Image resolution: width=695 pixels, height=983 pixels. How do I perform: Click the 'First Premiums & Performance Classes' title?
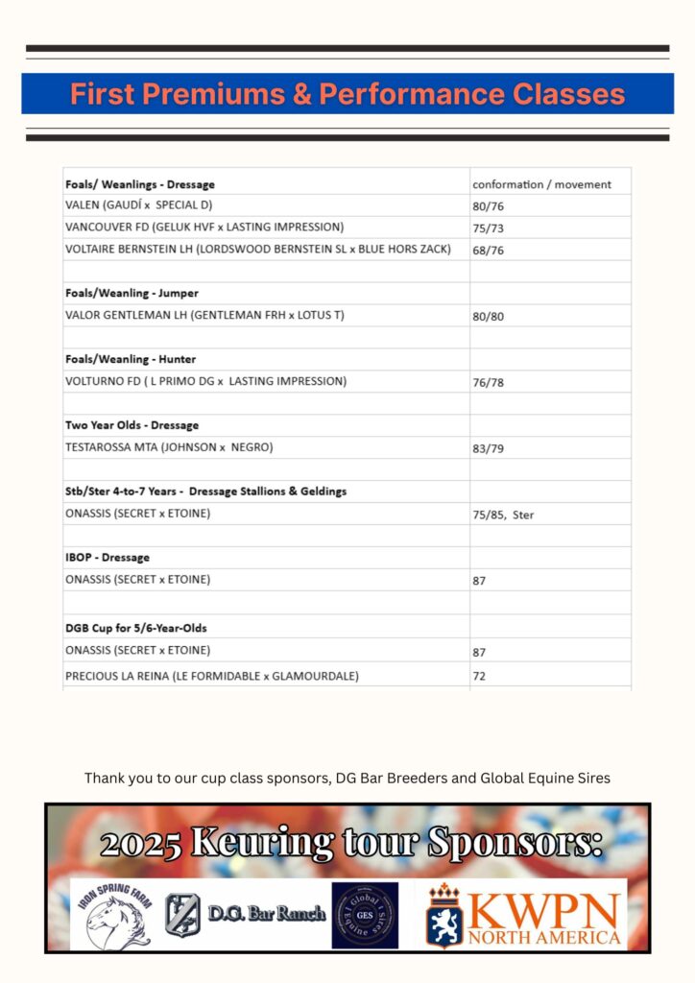pos(347,94)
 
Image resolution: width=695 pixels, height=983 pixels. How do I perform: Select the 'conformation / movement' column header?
pos(541,184)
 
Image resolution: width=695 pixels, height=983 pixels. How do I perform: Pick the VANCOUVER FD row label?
pos(204,228)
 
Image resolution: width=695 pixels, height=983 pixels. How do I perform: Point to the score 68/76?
pos(489,251)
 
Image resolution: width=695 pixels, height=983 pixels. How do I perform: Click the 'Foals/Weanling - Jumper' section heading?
pos(132,293)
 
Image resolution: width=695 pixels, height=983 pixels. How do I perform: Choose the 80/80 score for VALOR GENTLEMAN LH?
pos(489,316)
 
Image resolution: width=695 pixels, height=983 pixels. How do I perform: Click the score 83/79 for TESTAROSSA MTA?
pos(489,447)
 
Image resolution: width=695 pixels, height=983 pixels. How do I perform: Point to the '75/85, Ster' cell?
pos(503,515)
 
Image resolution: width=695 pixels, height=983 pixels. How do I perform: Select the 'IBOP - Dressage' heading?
pos(108,558)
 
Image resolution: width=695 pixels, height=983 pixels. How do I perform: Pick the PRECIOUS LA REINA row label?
pos(212,676)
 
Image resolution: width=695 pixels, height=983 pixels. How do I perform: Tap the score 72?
pos(479,676)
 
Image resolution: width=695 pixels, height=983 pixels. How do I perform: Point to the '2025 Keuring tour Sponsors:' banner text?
pos(350,843)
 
